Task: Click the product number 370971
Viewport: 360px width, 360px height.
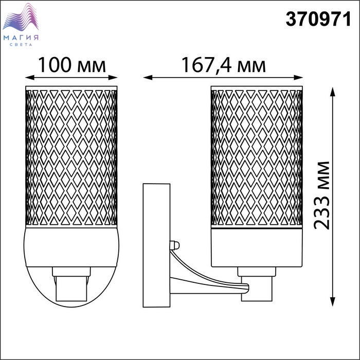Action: point(318,20)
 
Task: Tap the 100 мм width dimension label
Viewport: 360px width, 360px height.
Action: point(72,65)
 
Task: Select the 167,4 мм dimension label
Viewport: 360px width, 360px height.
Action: point(224,65)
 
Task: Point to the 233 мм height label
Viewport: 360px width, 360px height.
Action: point(321,195)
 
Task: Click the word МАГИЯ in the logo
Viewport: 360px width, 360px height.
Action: point(21,38)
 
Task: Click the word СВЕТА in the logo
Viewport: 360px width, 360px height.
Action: point(21,45)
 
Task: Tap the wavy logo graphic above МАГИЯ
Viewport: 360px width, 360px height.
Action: point(21,17)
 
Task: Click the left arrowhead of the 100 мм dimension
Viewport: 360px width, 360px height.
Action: point(30,77)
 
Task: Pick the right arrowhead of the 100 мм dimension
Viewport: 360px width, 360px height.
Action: point(113,77)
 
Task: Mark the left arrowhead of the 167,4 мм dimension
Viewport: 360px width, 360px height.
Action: point(148,77)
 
